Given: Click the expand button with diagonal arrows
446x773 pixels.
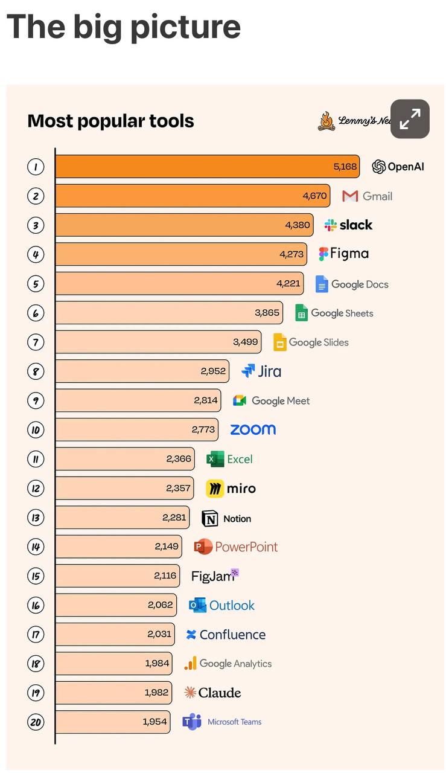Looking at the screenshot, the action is pyautogui.click(x=410, y=119).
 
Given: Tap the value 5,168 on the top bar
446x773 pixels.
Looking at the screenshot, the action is pyautogui.click(x=345, y=167).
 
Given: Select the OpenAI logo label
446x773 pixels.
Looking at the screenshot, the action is pyautogui.click(x=398, y=167).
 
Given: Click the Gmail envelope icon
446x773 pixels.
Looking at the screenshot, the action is pyautogui.click(x=350, y=196).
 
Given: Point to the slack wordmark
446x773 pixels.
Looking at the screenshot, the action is pyautogui.click(x=356, y=225).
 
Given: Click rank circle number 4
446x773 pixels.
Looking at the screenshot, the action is pyautogui.click(x=36, y=255).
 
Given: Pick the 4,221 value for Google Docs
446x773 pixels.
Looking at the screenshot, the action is pyautogui.click(x=288, y=284).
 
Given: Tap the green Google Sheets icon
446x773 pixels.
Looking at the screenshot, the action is pyautogui.click(x=301, y=313).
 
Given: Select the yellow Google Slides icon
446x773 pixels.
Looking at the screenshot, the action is pyautogui.click(x=280, y=342).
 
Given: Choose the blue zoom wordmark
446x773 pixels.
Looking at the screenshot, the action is pyautogui.click(x=253, y=429).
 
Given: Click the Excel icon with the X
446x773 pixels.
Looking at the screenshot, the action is pyautogui.click(x=215, y=459).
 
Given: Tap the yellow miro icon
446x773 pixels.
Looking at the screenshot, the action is pyautogui.click(x=215, y=489).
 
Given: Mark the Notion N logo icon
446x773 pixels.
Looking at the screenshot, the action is pyautogui.click(x=209, y=518).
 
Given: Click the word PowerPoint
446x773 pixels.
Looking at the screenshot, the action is pyautogui.click(x=246, y=547).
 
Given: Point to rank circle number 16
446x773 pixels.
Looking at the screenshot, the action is pyautogui.click(x=36, y=605).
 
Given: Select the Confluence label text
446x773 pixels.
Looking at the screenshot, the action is pyautogui.click(x=233, y=635).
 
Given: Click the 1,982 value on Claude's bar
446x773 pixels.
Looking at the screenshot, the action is pyautogui.click(x=156, y=693).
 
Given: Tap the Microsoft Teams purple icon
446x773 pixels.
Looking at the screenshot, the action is pyautogui.click(x=192, y=722).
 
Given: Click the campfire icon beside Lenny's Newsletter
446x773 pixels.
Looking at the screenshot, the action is pyautogui.click(x=327, y=121).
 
